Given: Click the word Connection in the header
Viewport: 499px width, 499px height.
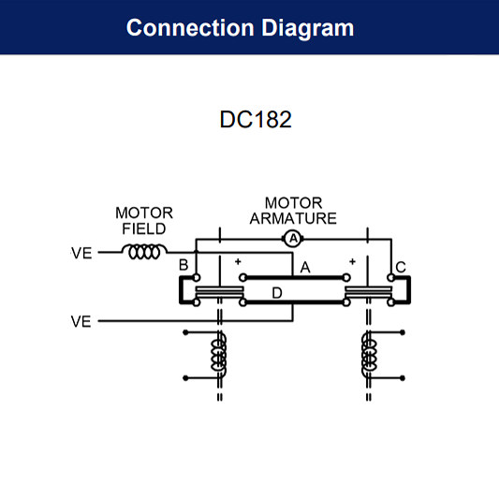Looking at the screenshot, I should pos(183,27).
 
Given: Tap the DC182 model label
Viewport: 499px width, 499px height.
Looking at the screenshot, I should pos(249,121).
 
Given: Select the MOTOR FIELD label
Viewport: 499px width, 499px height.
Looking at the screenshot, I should pos(144,221).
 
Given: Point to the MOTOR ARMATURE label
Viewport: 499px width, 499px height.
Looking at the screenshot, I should pos(293,211).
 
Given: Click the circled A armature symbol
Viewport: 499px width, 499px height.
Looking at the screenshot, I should pos(293,239).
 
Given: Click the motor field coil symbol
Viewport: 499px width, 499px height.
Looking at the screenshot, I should pos(146,252).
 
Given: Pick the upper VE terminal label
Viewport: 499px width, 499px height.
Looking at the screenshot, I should pos(81,253).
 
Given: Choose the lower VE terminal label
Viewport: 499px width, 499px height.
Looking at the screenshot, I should pos(81,322).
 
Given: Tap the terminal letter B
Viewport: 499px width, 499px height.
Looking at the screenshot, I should pos(183,267).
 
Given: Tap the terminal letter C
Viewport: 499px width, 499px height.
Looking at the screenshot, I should pos(401,267).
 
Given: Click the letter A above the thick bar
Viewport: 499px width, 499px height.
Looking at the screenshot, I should pos(303,268).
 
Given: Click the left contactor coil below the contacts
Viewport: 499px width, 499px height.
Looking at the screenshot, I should pos(220,355).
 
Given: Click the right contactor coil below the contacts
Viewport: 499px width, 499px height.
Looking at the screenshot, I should pos(369,355).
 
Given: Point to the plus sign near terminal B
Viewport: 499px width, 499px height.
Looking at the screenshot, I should pos(238,261).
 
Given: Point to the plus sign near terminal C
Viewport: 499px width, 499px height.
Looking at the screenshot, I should pos(352,261).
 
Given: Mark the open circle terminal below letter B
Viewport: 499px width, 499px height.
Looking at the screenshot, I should pos(196,278).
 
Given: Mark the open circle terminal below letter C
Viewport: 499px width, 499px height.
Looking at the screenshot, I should pos(390,278).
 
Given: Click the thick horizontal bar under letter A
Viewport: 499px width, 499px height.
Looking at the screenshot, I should pos(295,277).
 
